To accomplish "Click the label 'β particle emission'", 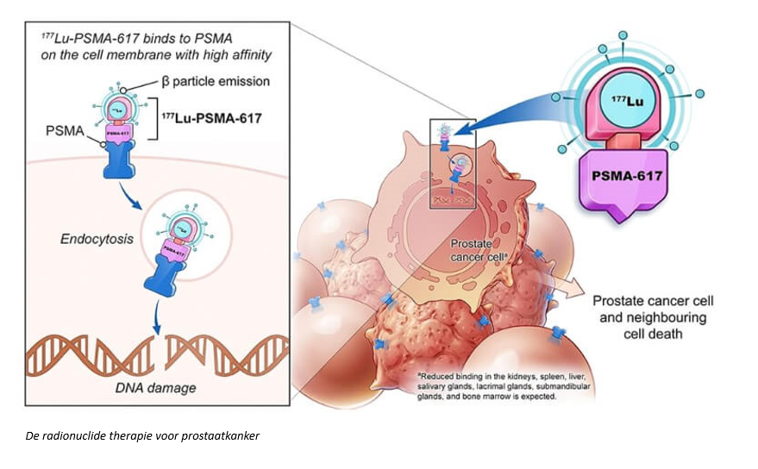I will pyautogui.click(x=210, y=82).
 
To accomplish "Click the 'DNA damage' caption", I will pyautogui.click(x=155, y=387).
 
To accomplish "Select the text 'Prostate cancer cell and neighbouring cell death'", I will pyautogui.click(x=654, y=316).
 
